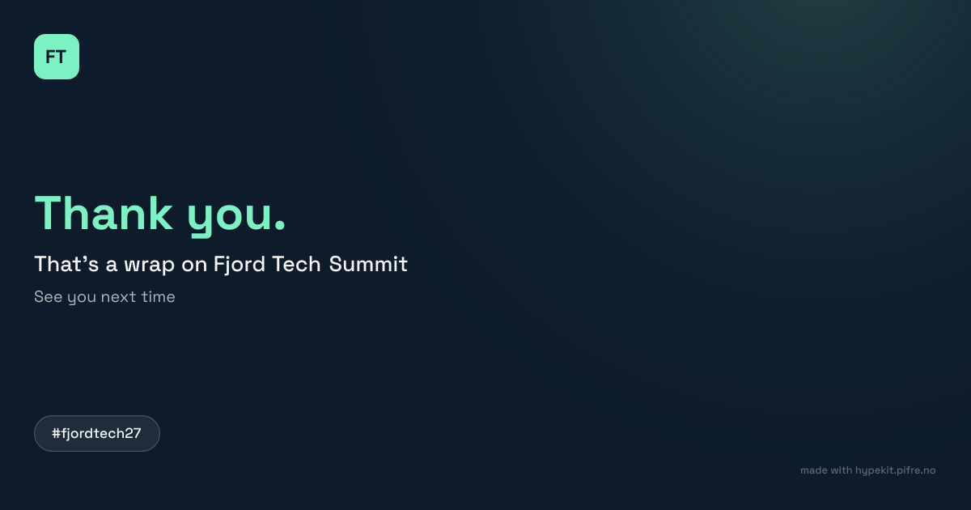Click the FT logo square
click(57, 57)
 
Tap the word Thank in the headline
click(104, 213)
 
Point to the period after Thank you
click(280, 225)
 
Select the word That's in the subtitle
click(66, 264)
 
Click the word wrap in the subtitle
click(149, 266)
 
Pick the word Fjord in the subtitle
click(240, 265)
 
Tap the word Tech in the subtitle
click(296, 264)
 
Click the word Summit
click(368, 264)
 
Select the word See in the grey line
click(48, 297)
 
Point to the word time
click(159, 297)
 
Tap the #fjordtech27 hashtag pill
click(97, 434)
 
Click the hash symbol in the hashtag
click(56, 433)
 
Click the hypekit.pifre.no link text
click(895, 470)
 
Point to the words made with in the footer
click(826, 470)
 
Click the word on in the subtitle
click(194, 265)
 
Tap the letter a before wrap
click(112, 266)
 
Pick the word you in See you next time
click(82, 299)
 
